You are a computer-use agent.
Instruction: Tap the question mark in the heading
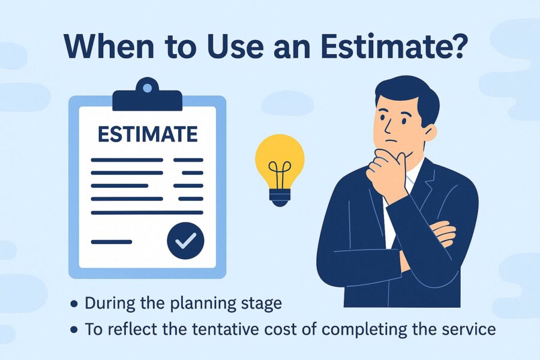[x=455, y=46]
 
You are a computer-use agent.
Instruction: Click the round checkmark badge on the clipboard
[x=185, y=241]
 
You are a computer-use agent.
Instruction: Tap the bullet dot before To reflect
[x=74, y=330]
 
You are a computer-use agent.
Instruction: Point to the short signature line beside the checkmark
[x=112, y=241]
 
